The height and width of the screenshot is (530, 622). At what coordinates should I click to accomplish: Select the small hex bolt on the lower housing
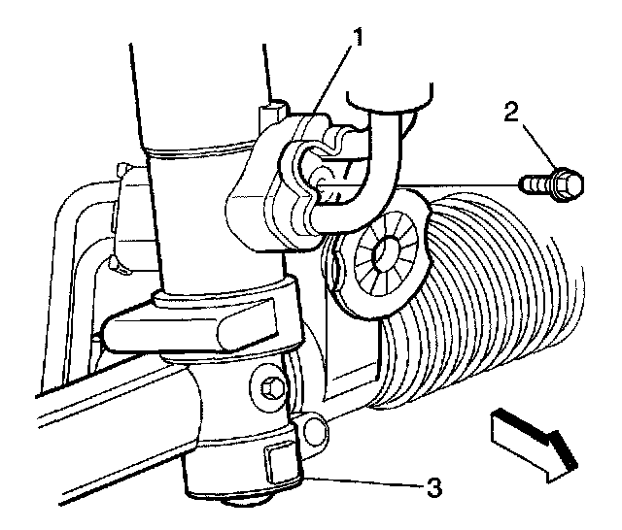272,388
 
